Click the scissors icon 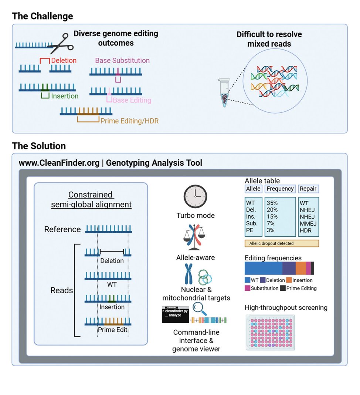(61, 44)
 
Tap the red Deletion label (64, 60)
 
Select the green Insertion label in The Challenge (65, 96)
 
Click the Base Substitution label (122, 60)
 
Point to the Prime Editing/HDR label (129, 121)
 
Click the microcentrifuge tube (224, 93)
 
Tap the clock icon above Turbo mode (196, 196)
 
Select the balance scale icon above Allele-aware (194, 237)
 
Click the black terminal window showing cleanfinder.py (175, 315)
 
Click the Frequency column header (280, 189)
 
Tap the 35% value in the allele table (272, 203)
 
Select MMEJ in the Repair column (308, 223)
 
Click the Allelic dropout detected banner (282, 243)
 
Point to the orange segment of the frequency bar (301, 268)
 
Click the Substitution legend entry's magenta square (248, 288)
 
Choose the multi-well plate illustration (270, 332)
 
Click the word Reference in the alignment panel (62, 229)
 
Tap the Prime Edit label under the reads (112, 330)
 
